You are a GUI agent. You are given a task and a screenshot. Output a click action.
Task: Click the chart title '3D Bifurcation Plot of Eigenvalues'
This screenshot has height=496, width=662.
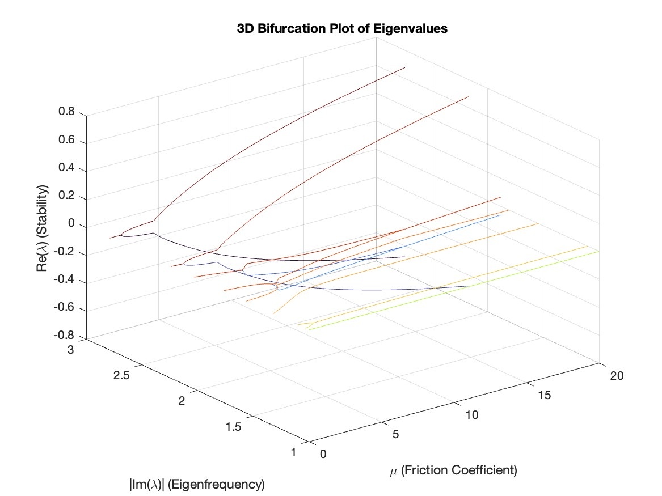(342, 29)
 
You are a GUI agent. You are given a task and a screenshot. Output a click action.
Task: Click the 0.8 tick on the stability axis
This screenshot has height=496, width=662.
(67, 113)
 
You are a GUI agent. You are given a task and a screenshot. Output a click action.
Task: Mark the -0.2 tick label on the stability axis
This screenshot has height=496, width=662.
(65, 254)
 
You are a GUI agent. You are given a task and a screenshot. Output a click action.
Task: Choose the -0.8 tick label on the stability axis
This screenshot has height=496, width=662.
(65, 338)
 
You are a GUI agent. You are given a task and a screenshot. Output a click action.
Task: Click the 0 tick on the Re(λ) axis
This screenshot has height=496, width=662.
(72, 226)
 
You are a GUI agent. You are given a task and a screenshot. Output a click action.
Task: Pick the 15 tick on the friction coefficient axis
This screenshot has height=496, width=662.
(543, 396)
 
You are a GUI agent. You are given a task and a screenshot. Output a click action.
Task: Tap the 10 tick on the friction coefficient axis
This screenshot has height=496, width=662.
(471, 415)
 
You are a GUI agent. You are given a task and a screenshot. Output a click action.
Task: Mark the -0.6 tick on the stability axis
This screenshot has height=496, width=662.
(65, 310)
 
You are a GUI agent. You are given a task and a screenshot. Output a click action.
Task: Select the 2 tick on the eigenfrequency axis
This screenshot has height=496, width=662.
(182, 401)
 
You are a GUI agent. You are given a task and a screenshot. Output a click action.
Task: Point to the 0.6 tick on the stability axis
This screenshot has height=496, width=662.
(67, 141)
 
